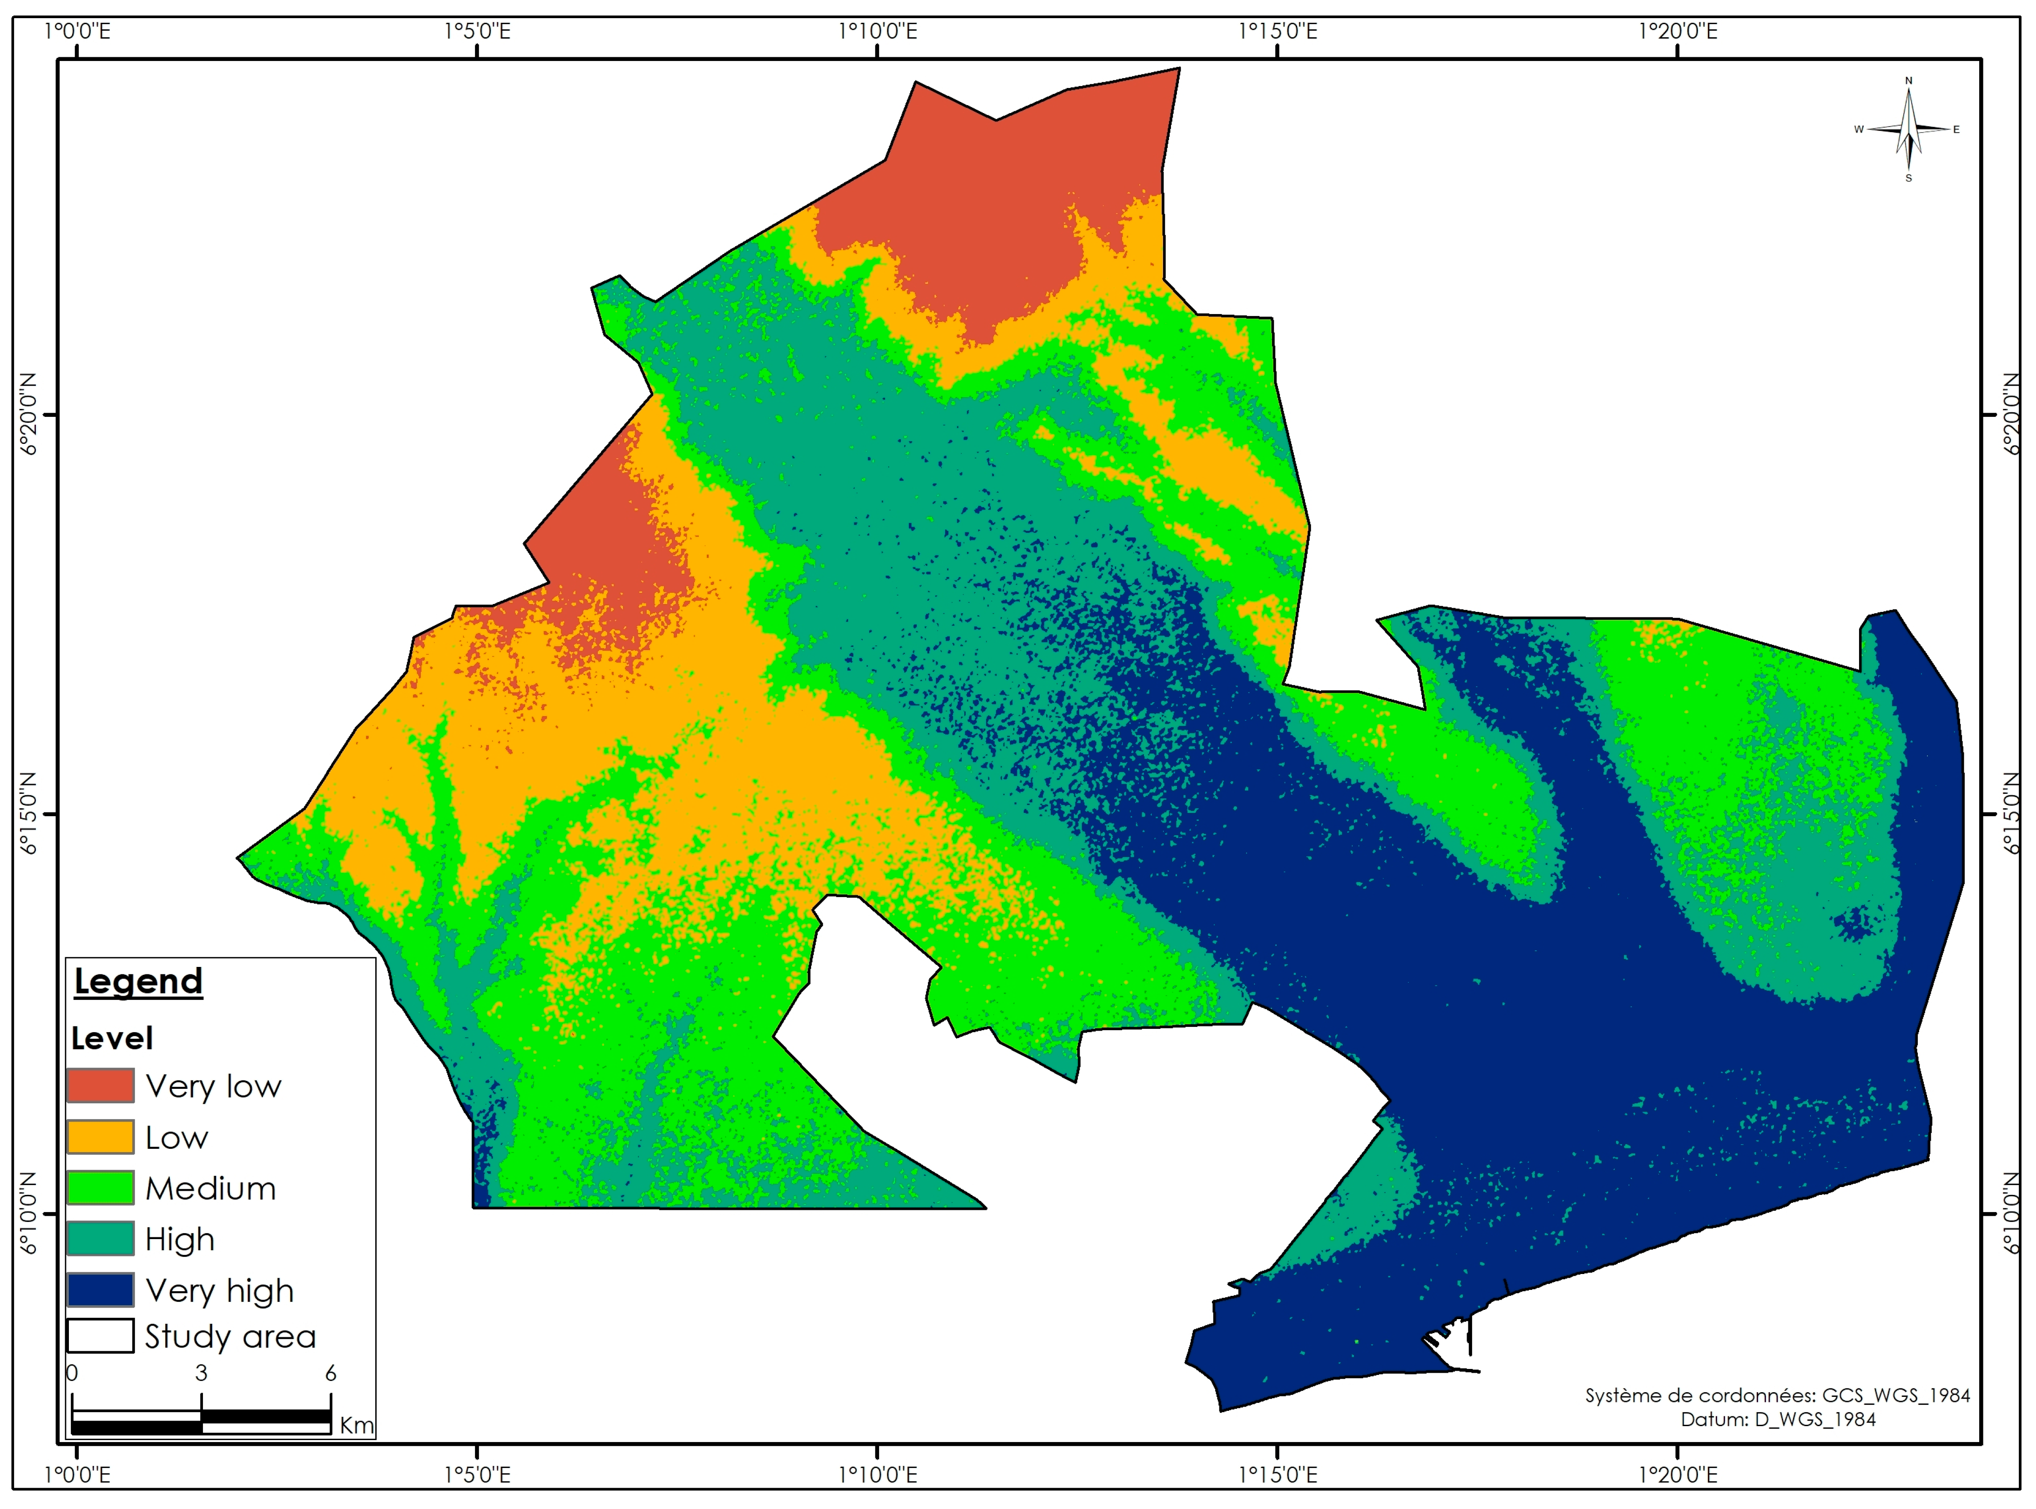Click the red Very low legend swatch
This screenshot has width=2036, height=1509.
coord(101,1086)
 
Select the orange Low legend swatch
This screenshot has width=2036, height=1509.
coord(101,1137)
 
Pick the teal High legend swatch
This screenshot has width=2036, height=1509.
coord(101,1239)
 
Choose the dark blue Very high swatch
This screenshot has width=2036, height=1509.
coord(101,1290)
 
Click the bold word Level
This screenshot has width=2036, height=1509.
coord(111,1039)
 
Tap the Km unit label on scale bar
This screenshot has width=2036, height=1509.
coord(356,1425)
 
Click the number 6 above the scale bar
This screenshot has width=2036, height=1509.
coord(331,1373)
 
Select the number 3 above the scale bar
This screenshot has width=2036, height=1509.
coord(201,1373)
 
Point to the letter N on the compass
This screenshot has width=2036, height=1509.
coord(1908,80)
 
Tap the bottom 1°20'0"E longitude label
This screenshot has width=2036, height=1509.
coord(1678,1474)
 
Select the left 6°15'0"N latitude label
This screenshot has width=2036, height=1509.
coord(29,813)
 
